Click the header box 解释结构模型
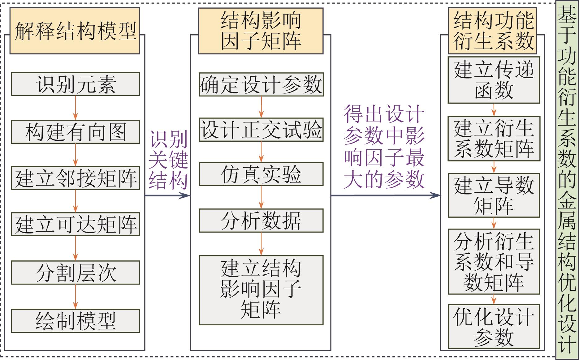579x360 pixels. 75,31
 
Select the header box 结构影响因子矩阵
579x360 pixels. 261,31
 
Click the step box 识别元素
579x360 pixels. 76,84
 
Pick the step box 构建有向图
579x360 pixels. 76,132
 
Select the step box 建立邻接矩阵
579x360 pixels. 76,178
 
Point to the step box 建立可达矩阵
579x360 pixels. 76,224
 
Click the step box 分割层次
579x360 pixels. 76,272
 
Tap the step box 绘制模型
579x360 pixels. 76,321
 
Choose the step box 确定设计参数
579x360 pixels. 261,84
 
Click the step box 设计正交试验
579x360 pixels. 261,130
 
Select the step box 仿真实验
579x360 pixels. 261,174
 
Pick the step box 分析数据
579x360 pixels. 261,221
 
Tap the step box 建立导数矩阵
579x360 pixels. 494,195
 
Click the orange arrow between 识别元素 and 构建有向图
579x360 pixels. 76,108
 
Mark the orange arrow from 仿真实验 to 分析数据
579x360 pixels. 261,197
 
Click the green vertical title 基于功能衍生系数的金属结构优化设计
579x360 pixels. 567,180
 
